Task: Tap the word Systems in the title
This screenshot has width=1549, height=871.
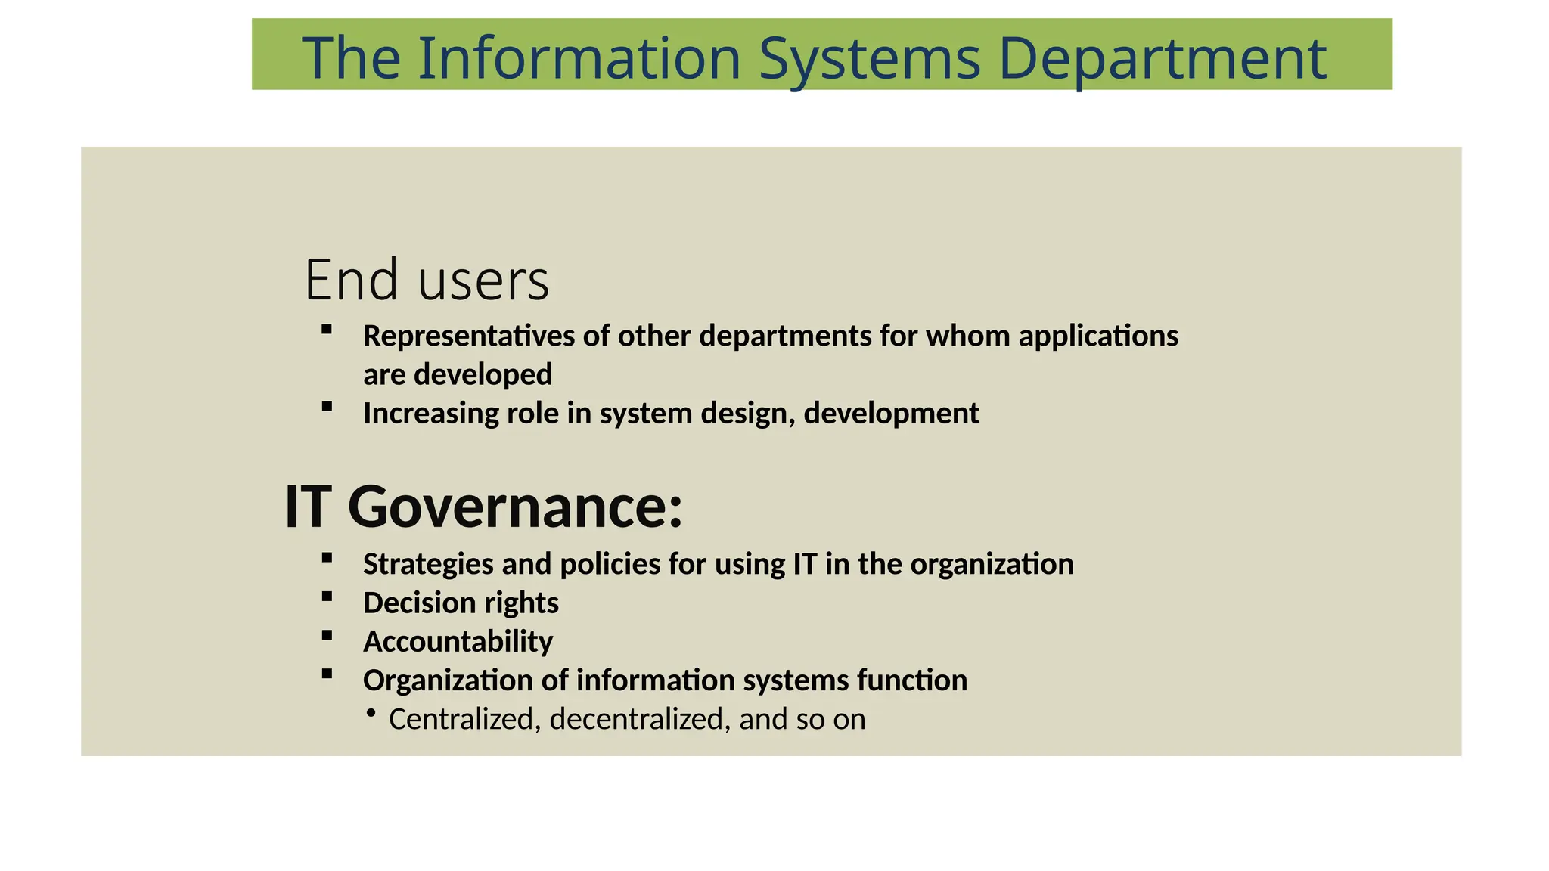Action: [869, 59]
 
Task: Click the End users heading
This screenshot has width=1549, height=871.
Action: [427, 280]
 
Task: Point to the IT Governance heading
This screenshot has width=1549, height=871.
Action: [483, 507]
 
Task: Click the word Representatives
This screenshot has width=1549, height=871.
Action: [469, 336]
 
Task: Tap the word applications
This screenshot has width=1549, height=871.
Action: [1098, 336]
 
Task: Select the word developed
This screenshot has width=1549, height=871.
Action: [483, 374]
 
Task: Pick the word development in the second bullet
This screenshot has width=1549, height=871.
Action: [891, 414]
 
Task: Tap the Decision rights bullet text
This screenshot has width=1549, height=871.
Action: [461, 603]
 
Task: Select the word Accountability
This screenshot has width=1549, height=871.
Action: [458, 642]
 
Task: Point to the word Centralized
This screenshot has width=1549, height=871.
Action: [461, 719]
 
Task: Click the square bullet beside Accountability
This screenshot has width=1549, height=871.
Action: [327, 636]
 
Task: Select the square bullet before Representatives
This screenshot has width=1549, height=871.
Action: [327, 329]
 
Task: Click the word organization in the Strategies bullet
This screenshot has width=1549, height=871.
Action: [992, 564]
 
